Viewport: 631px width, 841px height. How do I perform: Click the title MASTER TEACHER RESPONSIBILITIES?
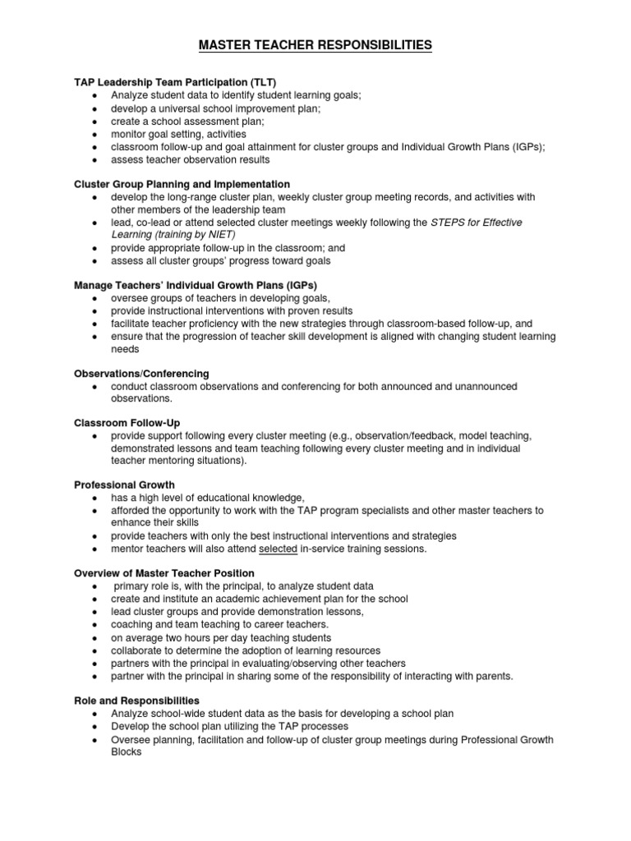pos(315,46)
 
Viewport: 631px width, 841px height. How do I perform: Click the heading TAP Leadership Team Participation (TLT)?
pos(175,82)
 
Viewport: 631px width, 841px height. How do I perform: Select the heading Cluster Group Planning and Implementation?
pos(182,184)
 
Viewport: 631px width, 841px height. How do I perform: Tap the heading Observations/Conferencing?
pos(141,373)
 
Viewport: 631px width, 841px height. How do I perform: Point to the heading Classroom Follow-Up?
pos(127,421)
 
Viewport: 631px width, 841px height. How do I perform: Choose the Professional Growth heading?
pos(124,485)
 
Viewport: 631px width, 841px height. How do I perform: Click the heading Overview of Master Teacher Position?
pos(164,572)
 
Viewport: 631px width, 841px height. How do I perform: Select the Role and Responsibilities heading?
pos(136,701)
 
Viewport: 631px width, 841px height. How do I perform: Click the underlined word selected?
pos(278,549)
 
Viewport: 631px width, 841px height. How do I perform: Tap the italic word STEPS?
pos(449,223)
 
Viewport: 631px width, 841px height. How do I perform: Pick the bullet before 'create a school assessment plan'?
pos(95,121)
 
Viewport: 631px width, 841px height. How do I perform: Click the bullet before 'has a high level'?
pos(95,498)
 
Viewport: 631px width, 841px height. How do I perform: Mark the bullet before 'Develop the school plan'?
pos(95,727)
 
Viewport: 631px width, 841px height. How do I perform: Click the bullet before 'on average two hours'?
pos(95,637)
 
